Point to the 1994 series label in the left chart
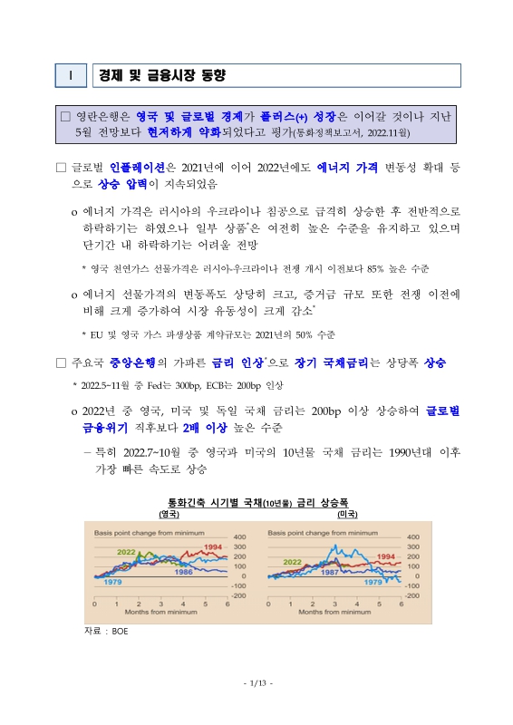214,547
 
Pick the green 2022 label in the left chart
126,551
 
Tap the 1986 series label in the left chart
184,572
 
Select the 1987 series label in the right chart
331,573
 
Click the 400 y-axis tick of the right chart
411,536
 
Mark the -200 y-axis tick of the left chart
239,595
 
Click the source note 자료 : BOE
105,629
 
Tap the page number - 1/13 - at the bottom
256,682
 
